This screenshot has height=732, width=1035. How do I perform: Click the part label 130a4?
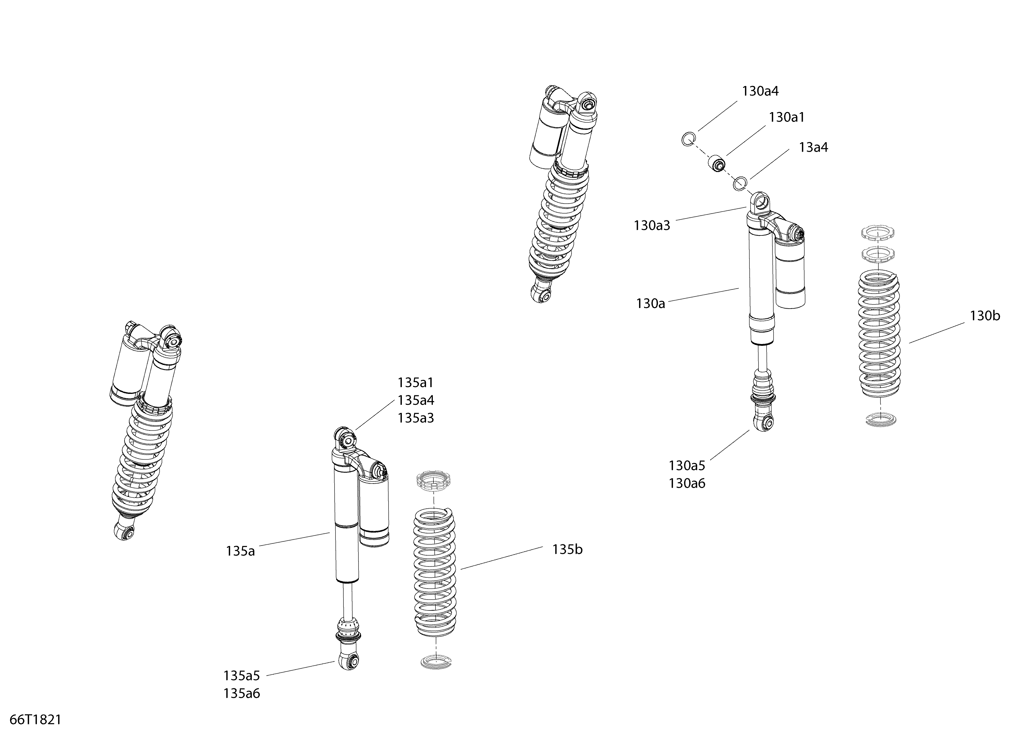pos(761,91)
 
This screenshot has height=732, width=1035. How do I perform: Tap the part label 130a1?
pos(787,117)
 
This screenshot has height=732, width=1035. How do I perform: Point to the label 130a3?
pos(652,225)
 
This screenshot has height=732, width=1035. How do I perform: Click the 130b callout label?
pos(985,316)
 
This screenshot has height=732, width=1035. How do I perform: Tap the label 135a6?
pos(242,693)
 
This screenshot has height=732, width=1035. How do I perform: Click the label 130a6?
pos(687,483)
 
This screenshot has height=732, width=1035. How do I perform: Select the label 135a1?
pos(416,383)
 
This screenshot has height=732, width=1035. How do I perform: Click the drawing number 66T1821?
pos(35,719)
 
